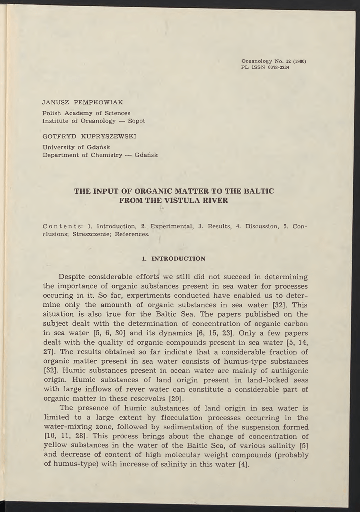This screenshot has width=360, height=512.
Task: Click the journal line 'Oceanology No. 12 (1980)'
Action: tap(273, 62)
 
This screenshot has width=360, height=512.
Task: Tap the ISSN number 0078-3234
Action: tap(279, 68)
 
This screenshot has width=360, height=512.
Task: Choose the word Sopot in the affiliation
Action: tap(136, 121)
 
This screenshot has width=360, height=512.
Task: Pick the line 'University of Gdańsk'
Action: tap(76, 146)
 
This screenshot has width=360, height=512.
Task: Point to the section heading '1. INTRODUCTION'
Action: tap(173, 259)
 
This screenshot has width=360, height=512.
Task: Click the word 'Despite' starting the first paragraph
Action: tap(73, 277)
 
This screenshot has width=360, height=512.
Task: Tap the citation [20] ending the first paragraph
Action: tap(176, 399)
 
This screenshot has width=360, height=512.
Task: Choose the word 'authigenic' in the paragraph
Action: tap(288, 370)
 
